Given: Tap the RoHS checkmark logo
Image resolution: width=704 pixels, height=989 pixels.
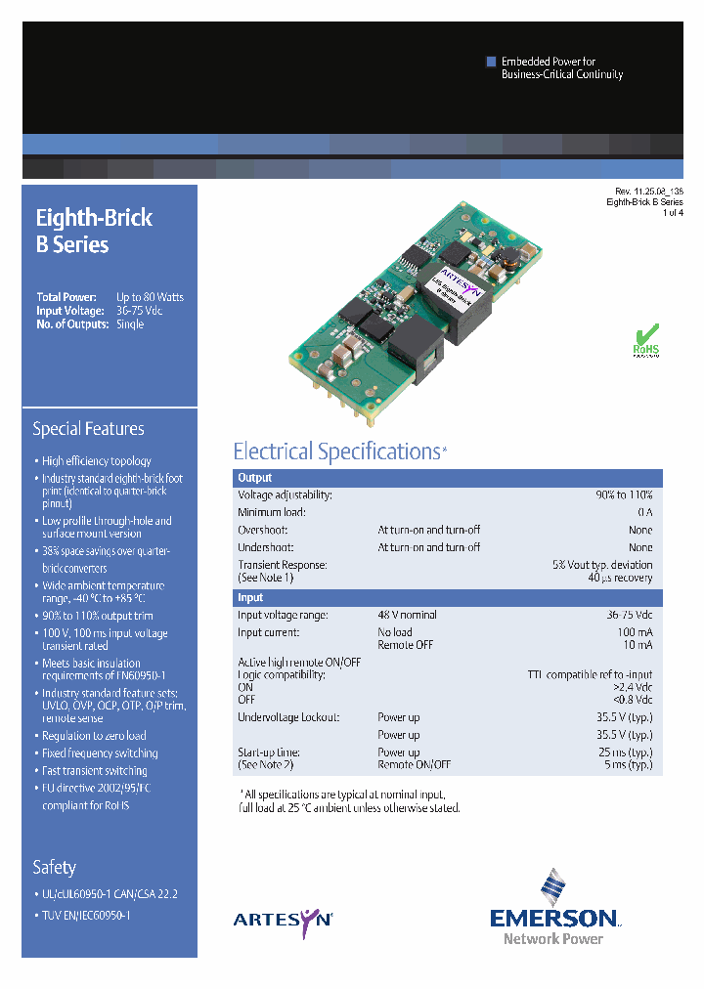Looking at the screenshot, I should point(645,340).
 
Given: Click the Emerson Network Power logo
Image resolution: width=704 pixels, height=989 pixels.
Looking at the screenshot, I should point(553,909).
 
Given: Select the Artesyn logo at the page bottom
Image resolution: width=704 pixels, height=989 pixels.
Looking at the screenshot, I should point(283,918).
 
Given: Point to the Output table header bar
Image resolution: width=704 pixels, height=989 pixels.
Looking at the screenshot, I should point(447,479).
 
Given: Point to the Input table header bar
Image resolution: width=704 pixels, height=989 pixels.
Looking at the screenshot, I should point(447,597).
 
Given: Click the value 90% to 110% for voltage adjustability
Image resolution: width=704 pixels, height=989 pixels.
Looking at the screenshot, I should point(624,495).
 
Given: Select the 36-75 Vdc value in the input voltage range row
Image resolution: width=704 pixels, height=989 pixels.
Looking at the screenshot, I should point(628,615).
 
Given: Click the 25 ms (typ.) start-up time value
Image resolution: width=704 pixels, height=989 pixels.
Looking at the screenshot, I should point(627,752).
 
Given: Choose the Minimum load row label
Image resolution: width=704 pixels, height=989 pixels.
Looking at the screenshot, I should point(271,512).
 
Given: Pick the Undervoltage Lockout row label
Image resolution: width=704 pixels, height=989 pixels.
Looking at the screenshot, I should point(288,717).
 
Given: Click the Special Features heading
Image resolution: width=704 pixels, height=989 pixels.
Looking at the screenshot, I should point(88,429).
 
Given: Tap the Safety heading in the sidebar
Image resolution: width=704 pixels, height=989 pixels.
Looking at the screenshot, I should point(54,868).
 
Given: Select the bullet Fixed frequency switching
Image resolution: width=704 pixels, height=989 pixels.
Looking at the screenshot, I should point(100,753).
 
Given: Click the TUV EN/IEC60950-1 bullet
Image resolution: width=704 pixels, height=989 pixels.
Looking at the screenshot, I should point(86,915).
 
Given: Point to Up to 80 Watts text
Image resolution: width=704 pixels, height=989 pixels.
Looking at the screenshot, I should point(150,297).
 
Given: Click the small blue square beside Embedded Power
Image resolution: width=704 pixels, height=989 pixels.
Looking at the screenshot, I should point(492,62).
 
